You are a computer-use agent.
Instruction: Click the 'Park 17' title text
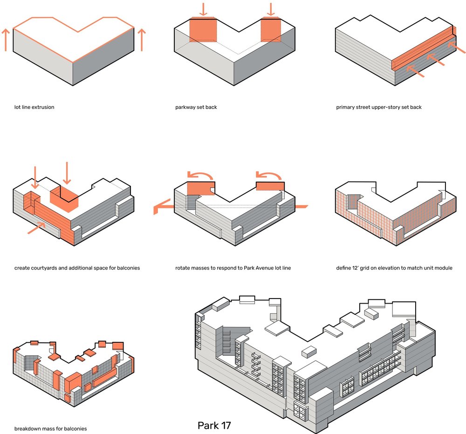tap(214, 425)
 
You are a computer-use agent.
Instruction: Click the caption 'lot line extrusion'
tap(34, 107)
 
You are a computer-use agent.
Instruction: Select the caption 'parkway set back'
tap(196, 107)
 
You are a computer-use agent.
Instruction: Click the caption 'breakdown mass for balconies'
tap(50, 428)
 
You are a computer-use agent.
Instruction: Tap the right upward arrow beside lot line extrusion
tap(142, 40)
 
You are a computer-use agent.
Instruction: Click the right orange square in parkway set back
tap(271, 30)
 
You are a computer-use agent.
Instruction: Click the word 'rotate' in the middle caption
tap(183, 268)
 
